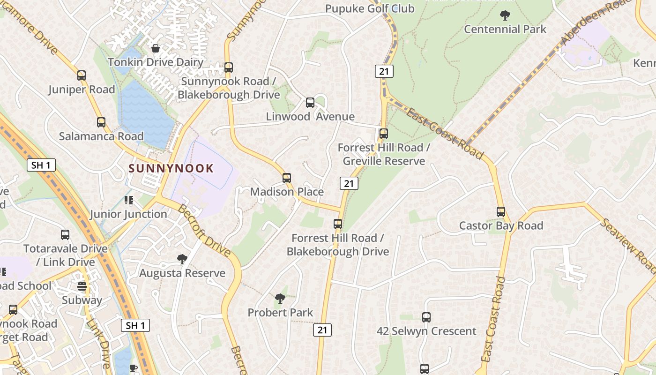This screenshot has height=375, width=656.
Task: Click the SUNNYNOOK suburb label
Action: click(x=171, y=168)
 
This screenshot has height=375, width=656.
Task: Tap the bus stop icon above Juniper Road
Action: click(x=82, y=75)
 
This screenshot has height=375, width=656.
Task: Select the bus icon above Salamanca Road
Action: click(x=101, y=122)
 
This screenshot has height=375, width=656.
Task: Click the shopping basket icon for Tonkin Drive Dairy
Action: click(x=156, y=48)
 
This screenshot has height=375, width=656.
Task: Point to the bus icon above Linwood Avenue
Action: click(x=310, y=103)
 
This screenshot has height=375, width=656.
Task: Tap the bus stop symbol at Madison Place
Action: click(x=287, y=178)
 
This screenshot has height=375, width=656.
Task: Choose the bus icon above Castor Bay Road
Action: click(x=501, y=212)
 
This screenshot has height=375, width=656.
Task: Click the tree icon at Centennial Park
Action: click(x=505, y=15)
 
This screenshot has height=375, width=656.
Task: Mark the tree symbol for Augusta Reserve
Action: click(x=182, y=259)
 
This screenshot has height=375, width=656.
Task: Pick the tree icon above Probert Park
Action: click(x=280, y=299)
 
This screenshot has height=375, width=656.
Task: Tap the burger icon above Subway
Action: click(x=82, y=286)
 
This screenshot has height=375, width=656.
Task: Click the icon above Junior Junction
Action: click(x=128, y=201)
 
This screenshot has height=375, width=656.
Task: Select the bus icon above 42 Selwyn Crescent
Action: click(x=426, y=317)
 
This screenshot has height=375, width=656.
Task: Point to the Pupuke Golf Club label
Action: click(x=370, y=8)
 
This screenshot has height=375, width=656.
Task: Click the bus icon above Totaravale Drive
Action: click(x=65, y=235)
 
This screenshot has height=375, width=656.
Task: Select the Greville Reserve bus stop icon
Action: click(x=384, y=134)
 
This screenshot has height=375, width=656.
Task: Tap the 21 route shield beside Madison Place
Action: click(x=349, y=183)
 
